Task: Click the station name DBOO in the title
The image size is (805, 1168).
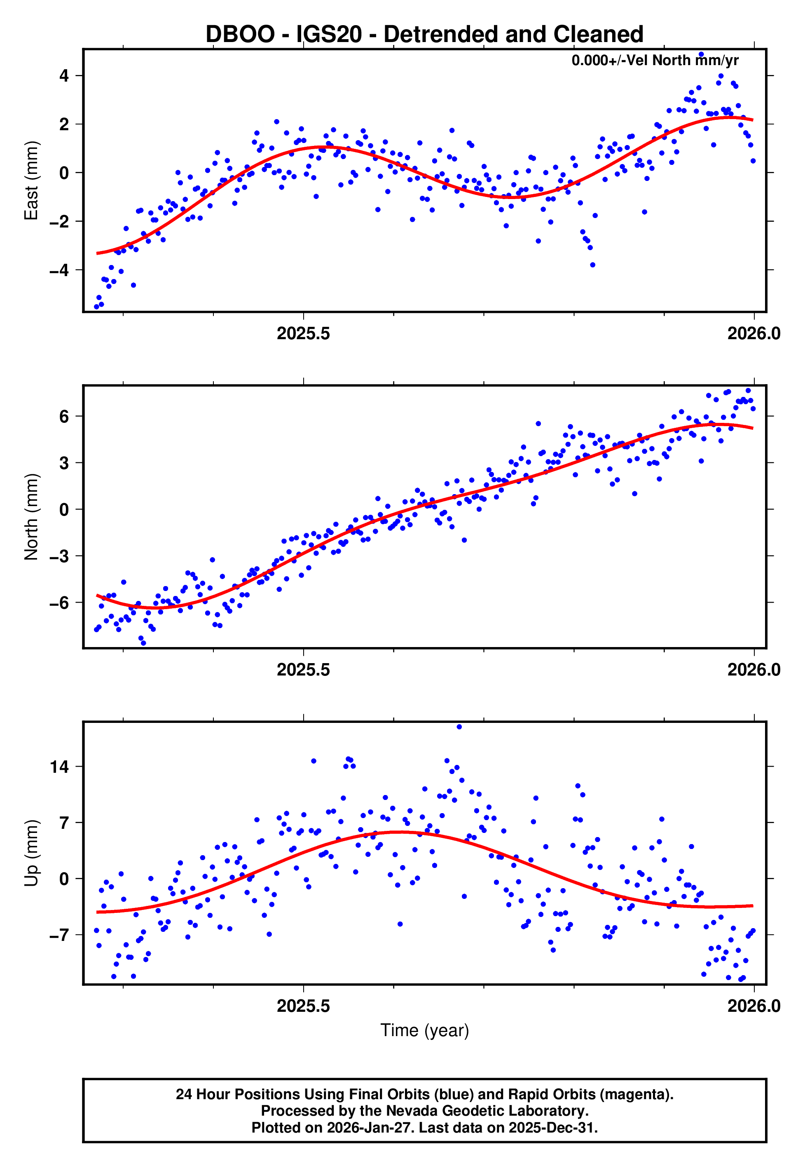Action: (240, 34)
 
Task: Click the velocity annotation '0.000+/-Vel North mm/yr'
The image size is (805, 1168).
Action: (655, 61)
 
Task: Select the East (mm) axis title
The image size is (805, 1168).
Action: (31, 180)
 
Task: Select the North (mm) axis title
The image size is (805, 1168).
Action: (31, 517)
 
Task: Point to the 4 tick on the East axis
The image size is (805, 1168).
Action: (64, 76)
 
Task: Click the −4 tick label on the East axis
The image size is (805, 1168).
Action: (59, 270)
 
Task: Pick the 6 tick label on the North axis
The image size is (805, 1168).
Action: (64, 416)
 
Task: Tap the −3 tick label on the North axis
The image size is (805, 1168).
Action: (59, 556)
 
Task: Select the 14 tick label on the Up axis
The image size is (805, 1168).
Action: (59, 767)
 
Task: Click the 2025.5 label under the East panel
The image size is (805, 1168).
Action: (303, 333)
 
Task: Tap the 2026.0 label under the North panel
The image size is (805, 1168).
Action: (754, 670)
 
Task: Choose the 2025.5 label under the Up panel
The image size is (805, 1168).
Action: (303, 1006)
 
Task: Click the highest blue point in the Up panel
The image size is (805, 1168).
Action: (459, 727)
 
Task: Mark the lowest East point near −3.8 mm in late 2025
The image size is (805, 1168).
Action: (593, 265)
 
